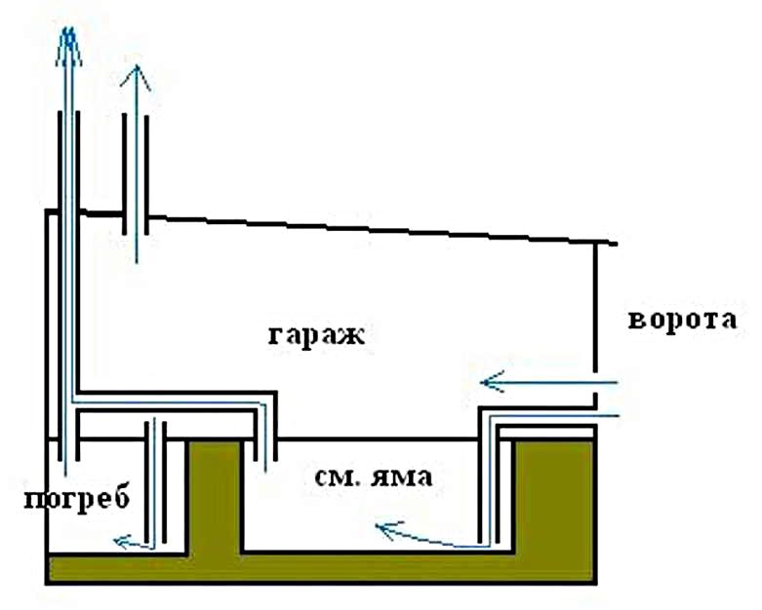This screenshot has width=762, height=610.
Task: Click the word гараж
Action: [316, 336]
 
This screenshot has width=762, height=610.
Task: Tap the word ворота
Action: [682, 321]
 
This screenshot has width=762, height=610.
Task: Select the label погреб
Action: [76, 498]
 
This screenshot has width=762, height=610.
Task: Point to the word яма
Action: [401, 477]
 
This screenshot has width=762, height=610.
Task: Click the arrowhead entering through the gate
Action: [492, 382]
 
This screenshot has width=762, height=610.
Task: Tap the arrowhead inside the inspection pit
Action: [388, 529]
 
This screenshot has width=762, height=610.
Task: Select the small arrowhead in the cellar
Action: [123, 541]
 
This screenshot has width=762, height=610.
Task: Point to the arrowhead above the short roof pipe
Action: [136, 78]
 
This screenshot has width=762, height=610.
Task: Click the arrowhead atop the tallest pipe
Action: [68, 46]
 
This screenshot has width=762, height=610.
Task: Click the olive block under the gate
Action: [554, 495]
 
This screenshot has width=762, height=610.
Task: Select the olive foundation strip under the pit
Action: [321, 568]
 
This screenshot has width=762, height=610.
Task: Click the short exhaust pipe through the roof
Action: [136, 173]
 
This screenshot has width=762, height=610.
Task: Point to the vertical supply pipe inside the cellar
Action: [155, 482]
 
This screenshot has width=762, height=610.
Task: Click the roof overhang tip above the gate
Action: [616, 244]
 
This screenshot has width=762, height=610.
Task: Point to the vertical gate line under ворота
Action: [595, 307]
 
